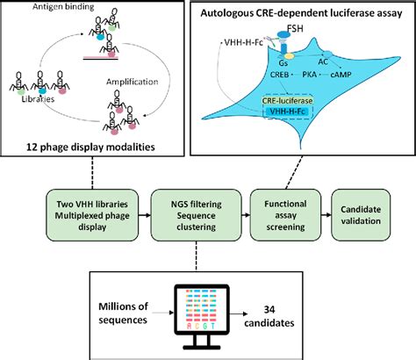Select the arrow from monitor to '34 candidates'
248,317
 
